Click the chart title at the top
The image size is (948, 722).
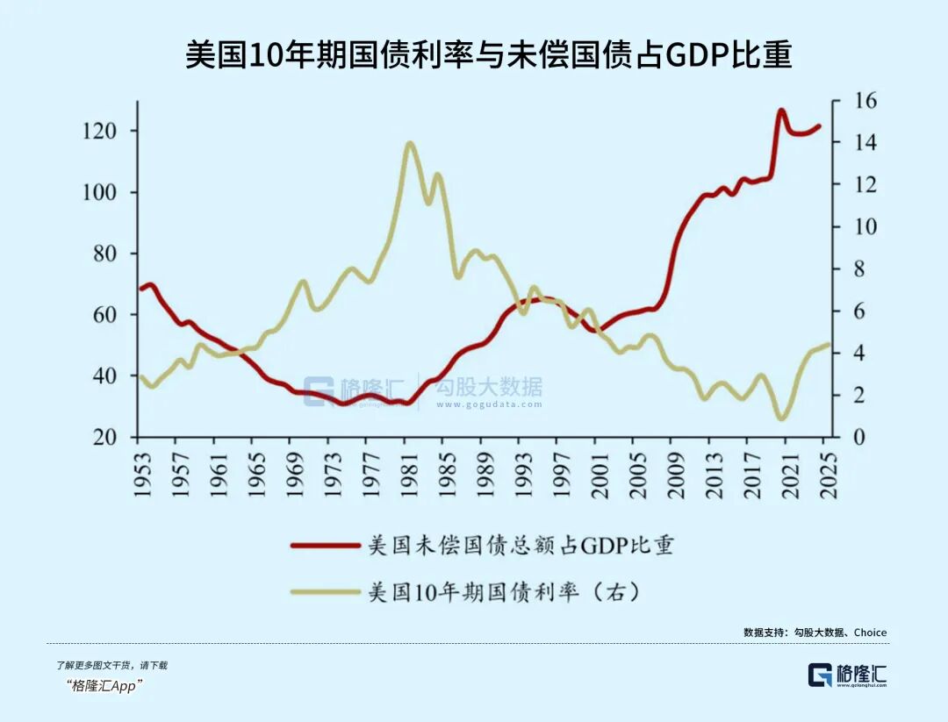point(488,54)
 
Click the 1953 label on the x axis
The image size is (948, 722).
point(143,475)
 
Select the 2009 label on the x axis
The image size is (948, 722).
point(677,475)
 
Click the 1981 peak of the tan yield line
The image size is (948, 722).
point(409,143)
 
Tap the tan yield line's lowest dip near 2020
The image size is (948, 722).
point(781,418)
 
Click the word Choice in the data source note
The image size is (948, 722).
point(870,633)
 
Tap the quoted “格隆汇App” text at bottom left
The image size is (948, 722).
point(104,686)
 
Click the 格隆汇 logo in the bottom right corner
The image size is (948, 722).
point(847,675)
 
